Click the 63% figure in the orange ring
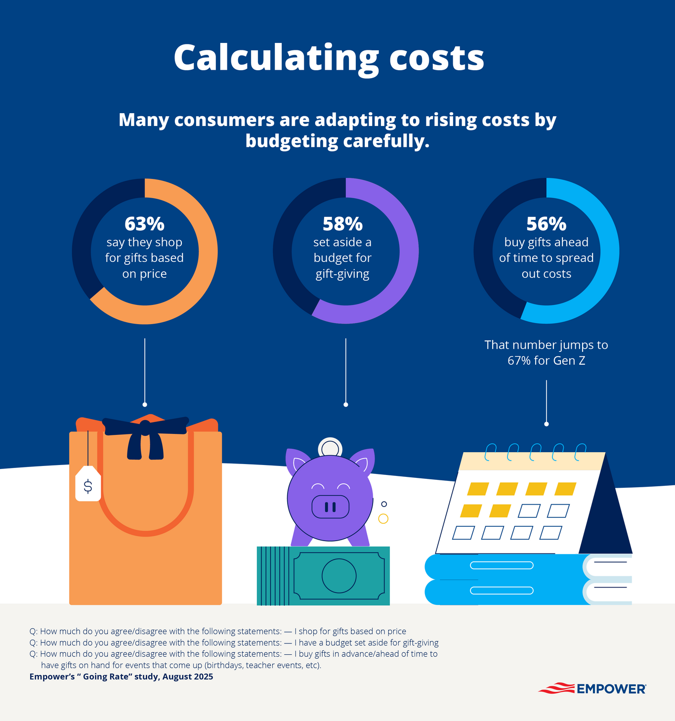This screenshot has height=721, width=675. tap(144, 224)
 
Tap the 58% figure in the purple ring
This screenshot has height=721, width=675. tap(342, 224)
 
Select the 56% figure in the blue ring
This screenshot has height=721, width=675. tap(546, 224)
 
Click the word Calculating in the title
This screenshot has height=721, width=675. tap(276, 58)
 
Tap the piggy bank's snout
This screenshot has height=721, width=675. tap(330, 507)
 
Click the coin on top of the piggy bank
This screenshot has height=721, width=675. tap(330, 448)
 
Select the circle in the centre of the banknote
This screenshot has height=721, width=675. tap(339, 576)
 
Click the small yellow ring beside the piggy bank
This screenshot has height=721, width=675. tap(383, 519)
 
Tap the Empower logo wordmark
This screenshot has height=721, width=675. tap(611, 689)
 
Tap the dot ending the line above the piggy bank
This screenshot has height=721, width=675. tap(346, 405)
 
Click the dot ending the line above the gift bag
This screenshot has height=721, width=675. tap(145, 405)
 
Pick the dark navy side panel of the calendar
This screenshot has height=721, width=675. tap(606, 519)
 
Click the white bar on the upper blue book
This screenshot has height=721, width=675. tap(502, 565)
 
